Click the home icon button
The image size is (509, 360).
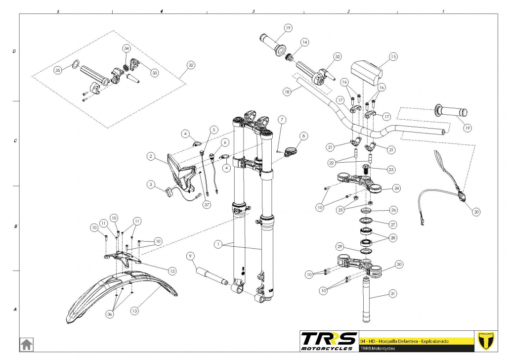point(26,344)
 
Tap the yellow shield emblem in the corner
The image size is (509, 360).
point(486,341)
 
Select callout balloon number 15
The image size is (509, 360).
point(393,56)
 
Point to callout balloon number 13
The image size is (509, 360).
point(134,311)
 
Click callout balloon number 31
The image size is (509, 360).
point(393,294)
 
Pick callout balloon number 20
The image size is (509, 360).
point(476,212)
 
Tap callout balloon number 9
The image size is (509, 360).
point(191,256)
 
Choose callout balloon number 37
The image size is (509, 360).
point(207,204)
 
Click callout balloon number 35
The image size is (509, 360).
point(58,70)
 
